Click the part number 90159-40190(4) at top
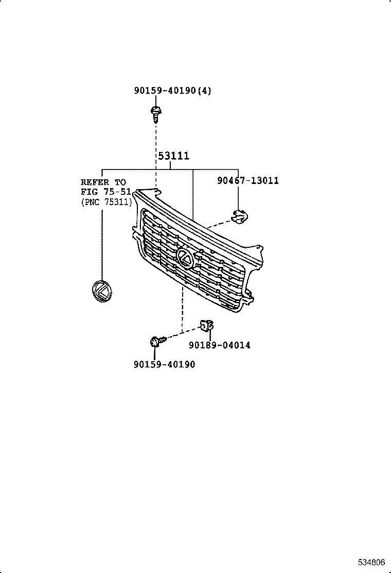point(172,90)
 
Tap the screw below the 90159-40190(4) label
point(156,114)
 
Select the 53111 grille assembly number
point(174,156)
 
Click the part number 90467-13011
point(248,180)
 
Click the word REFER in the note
point(95,182)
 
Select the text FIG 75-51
point(106,192)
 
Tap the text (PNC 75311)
point(106,201)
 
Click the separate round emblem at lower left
point(102,291)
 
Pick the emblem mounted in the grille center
point(185,258)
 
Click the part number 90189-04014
point(220,345)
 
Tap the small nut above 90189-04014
point(207,325)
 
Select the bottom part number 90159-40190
point(165,364)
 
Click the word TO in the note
point(120,182)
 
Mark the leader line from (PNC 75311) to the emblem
point(102,244)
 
